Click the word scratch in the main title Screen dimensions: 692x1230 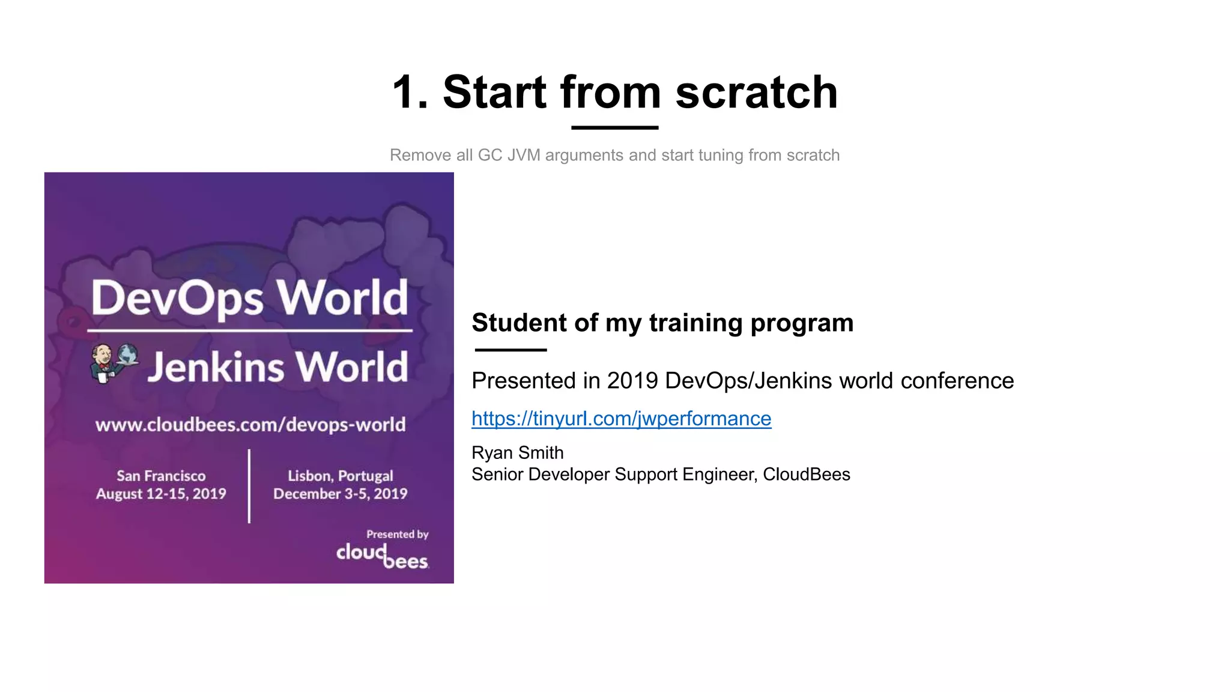pos(756,93)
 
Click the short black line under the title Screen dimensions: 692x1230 pos(614,127)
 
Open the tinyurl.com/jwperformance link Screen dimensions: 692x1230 pos(621,418)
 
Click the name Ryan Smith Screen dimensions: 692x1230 pos(517,452)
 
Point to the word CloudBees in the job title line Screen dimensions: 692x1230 pos(806,475)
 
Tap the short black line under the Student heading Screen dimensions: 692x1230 pos(510,350)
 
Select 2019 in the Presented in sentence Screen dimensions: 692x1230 pos(632,381)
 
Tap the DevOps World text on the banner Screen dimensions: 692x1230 pos(249,298)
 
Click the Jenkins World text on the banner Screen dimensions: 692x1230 pos(277,367)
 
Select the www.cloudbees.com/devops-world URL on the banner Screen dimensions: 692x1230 pos(250,425)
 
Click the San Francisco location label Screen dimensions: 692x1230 pos(161,476)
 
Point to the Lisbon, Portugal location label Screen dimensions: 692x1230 pos(340,476)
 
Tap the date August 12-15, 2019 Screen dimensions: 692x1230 pos(161,494)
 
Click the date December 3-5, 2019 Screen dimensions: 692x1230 pos(340,494)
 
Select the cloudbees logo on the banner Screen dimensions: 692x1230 pos(382,556)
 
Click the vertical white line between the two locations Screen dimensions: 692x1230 pos(249,486)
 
